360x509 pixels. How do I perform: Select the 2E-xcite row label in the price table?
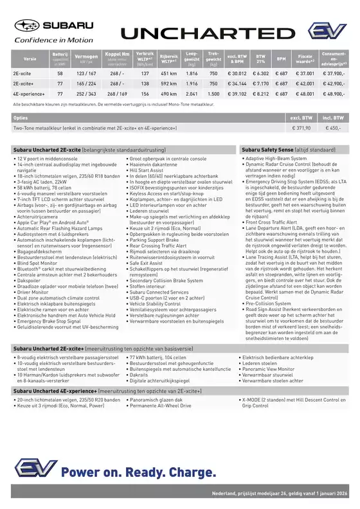click(x=22, y=74)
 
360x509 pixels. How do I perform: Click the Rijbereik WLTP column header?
click(x=168, y=58)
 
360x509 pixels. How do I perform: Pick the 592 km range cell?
click(x=168, y=84)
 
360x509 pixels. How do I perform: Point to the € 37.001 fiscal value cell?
click(x=305, y=74)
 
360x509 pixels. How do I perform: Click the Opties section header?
click(x=21, y=118)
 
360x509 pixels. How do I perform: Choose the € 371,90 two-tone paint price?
click(x=301, y=129)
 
